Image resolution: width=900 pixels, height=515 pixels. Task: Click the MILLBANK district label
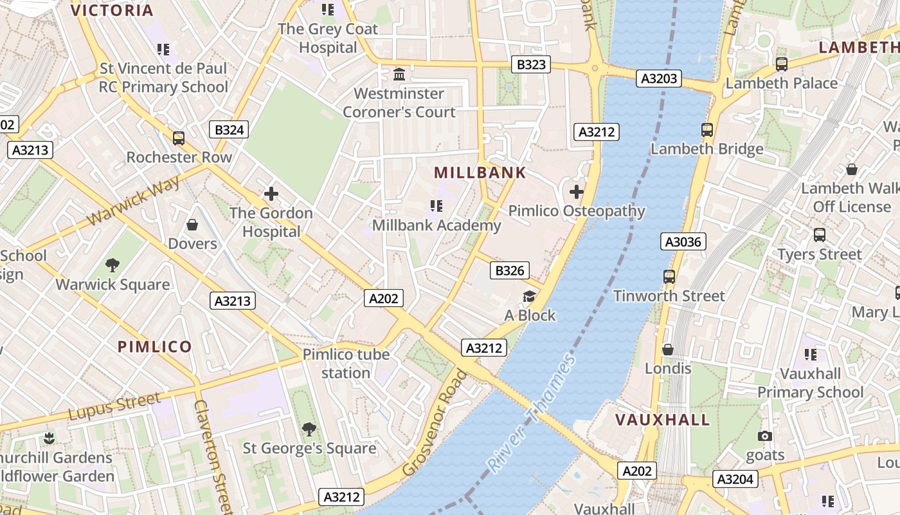480,173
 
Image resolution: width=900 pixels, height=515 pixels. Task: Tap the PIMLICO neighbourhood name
154,347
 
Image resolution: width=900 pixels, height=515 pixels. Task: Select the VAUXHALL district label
662,420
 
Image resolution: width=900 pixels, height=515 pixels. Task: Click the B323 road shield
531,64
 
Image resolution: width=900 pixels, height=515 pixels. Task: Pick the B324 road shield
229,130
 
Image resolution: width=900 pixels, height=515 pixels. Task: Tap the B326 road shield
510,270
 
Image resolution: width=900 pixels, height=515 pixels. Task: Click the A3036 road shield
683,242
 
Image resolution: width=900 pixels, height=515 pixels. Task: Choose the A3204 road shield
735,479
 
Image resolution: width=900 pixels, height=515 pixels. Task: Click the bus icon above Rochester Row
179,138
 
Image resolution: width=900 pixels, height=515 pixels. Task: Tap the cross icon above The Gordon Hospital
271,193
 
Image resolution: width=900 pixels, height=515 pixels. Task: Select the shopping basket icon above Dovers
192,225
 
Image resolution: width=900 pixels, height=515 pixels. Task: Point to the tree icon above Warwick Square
113,265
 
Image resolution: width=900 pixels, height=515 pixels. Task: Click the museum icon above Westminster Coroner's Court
399,74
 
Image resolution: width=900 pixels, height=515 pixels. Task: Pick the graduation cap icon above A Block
529,296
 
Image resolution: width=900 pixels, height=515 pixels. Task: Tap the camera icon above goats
764,436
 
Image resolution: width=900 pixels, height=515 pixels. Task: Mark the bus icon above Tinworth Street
669,277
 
